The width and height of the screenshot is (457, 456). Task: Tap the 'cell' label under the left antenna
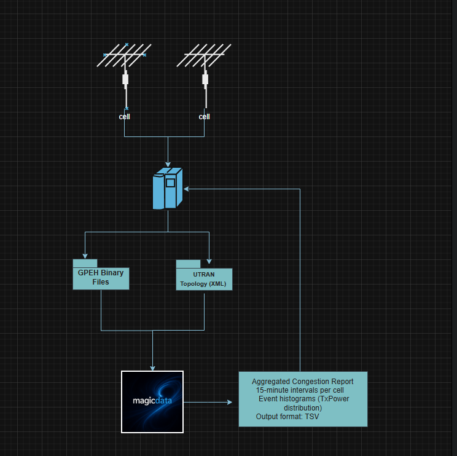tap(125, 117)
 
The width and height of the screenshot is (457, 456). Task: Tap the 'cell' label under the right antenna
tap(205, 117)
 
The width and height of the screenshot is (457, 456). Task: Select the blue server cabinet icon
tap(167, 189)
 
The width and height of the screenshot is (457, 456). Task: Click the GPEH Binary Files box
tap(101, 278)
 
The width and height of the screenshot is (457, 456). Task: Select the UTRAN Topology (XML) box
tap(204, 278)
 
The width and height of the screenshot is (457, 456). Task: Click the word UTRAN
tap(204, 273)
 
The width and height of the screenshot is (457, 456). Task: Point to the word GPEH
tap(88, 273)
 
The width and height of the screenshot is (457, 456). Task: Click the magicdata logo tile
tap(152, 402)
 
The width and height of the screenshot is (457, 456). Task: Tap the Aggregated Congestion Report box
tap(303, 399)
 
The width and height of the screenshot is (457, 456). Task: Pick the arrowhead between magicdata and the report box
tap(230, 403)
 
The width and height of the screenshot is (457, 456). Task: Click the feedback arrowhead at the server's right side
tap(186, 189)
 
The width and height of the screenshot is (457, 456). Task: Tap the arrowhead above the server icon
tap(168, 163)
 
